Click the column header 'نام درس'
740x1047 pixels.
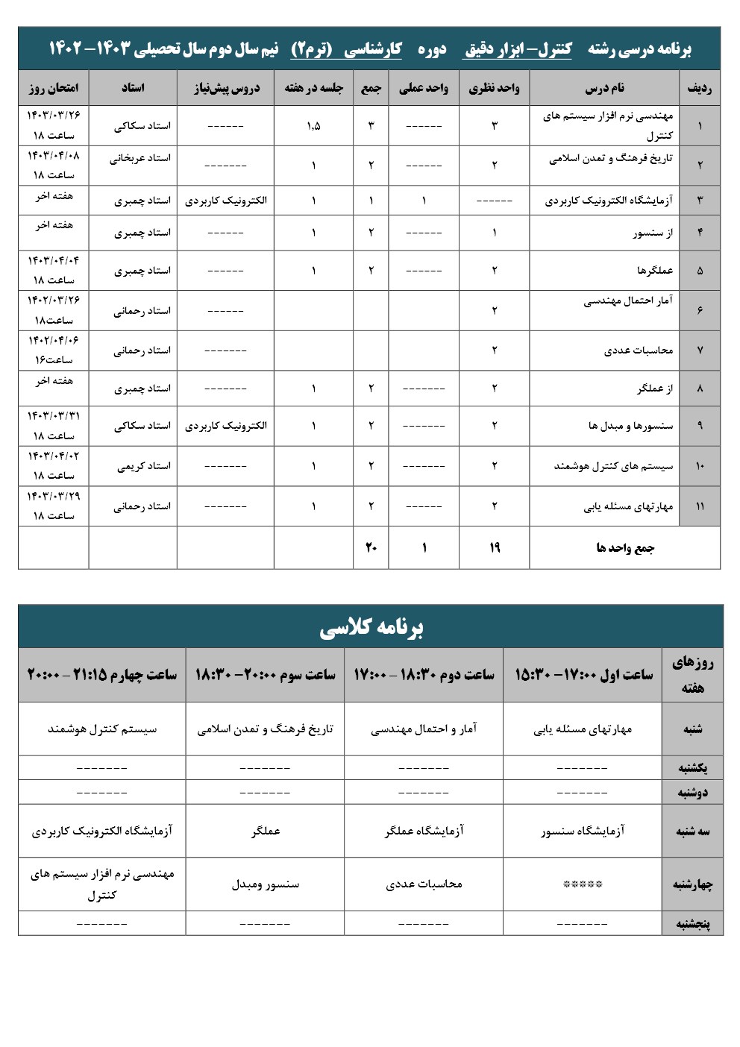(604, 88)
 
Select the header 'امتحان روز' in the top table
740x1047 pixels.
(53, 88)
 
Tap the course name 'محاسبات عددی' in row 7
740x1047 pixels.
(638, 350)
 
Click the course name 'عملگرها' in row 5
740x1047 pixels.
(654, 270)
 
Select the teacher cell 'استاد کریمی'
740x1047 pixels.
(144, 466)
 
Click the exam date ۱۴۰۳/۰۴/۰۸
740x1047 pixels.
(54, 156)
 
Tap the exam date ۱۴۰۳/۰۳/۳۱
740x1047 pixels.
(54, 415)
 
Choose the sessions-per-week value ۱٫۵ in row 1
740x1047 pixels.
(313, 125)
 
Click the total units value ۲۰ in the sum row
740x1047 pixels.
(371, 548)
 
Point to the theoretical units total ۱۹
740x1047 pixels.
(494, 548)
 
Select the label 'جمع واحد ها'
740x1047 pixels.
(625, 548)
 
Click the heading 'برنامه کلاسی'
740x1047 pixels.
(371, 627)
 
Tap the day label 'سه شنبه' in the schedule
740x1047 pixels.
(692, 831)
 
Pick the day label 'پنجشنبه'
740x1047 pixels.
(692, 923)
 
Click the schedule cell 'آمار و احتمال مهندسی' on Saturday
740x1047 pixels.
(424, 729)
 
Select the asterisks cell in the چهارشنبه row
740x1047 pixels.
(582, 884)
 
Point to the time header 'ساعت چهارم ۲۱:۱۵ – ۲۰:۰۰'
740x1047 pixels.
(102, 675)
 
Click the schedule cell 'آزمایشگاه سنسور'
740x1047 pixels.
(583, 831)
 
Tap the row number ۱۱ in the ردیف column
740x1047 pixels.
(700, 506)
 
